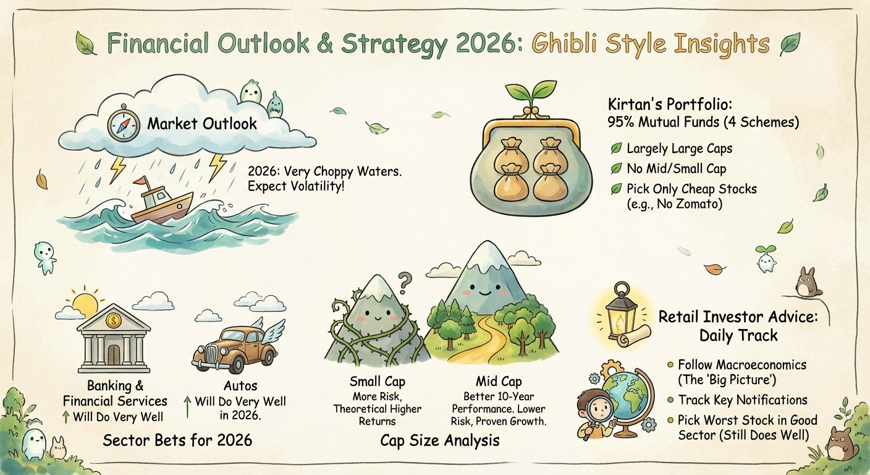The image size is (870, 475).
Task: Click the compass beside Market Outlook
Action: click(x=124, y=124)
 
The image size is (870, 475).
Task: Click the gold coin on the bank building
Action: click(x=114, y=320)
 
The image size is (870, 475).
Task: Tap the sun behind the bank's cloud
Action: click(x=85, y=303)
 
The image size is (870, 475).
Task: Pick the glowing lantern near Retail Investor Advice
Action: click(x=619, y=311)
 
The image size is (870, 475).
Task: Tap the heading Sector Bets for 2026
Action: click(x=177, y=440)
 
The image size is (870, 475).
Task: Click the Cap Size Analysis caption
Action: click(x=440, y=440)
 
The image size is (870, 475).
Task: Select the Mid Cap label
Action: click(x=499, y=382)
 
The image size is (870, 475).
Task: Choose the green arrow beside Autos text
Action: click(x=188, y=406)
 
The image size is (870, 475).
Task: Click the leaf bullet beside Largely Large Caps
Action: click(x=616, y=148)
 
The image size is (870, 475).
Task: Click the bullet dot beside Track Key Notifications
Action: click(x=670, y=400)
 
